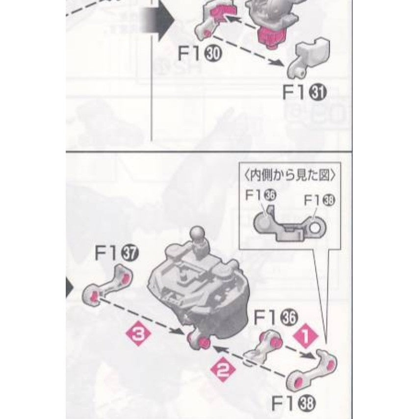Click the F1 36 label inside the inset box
pos(261,196)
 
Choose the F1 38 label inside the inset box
pos(319,200)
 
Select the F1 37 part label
pos(116,253)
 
